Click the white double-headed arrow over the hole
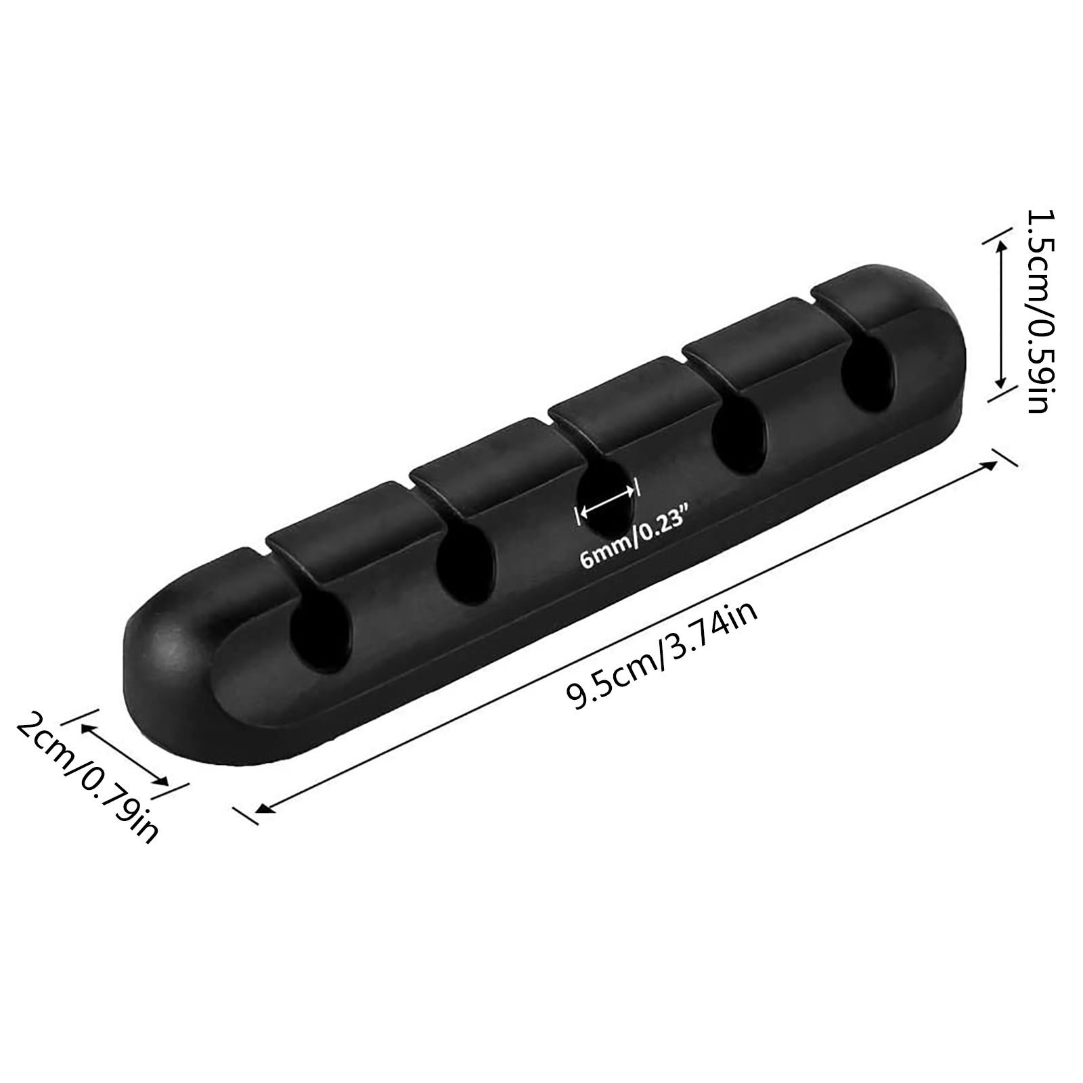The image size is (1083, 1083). tap(608, 502)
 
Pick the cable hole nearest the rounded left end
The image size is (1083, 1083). tap(322, 634)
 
